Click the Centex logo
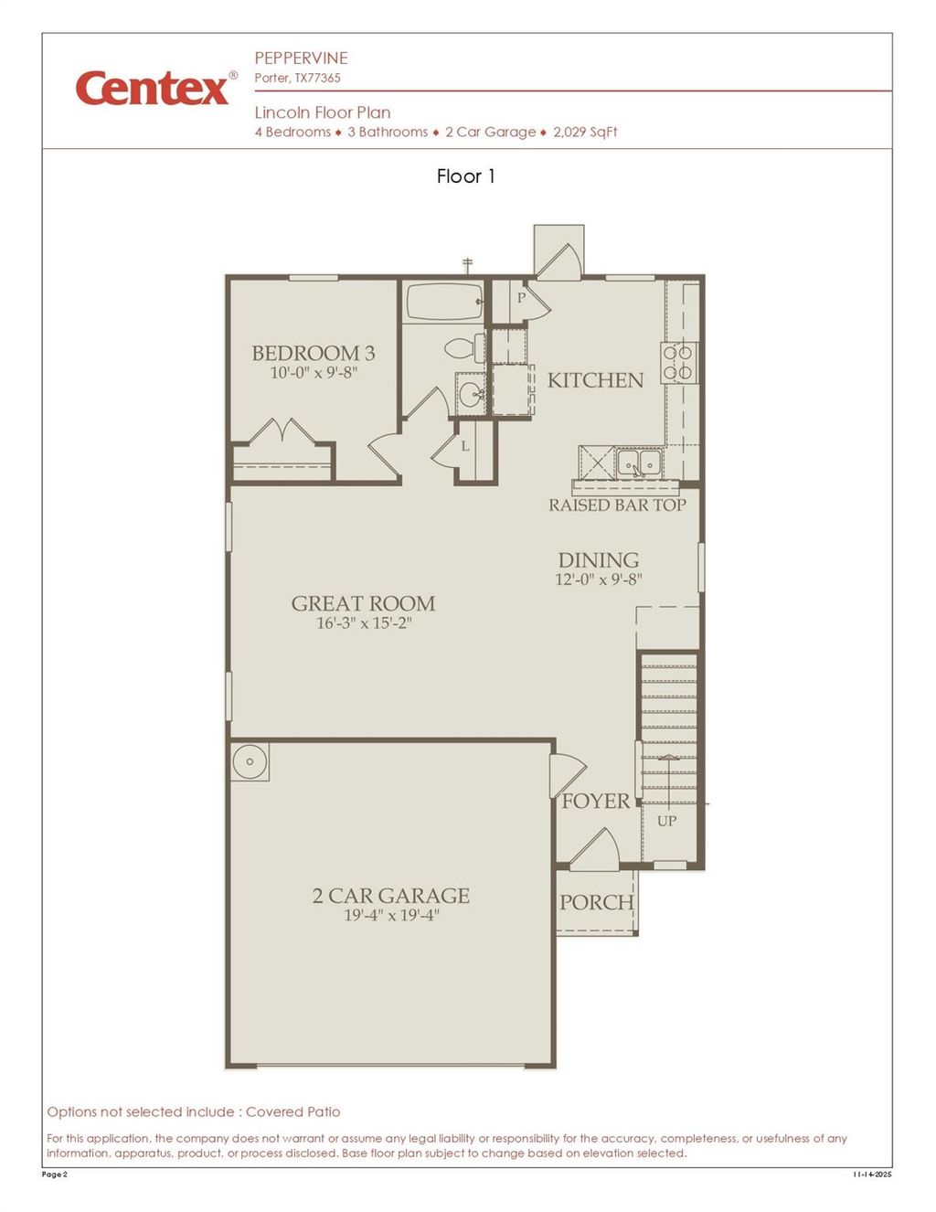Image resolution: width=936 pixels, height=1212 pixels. coord(154,88)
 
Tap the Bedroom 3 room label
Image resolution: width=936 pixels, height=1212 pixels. coord(314,353)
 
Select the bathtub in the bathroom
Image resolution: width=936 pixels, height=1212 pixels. coord(443,302)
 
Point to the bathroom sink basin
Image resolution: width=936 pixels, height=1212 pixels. coord(472,395)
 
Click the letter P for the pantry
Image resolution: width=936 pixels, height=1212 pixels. coord(521,298)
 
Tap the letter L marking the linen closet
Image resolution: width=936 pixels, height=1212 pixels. coord(464,446)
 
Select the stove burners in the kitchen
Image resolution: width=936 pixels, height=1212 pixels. coord(678,362)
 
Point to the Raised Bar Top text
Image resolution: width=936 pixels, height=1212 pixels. coord(617,505)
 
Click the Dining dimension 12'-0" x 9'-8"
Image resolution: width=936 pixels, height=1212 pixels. coord(599,579)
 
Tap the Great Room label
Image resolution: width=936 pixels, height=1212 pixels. coord(363,603)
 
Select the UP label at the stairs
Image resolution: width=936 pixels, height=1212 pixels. coord(667,821)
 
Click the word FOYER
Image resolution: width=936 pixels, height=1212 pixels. coord(596,802)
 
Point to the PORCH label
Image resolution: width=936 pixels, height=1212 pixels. coord(596,902)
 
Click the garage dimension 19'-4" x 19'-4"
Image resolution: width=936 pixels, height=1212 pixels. coord(391,915)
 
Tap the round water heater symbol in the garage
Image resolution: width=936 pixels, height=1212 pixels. coord(250,761)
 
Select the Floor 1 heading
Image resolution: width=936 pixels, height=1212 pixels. coord(465,176)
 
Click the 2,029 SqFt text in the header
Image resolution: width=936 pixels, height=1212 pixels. coord(585,132)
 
